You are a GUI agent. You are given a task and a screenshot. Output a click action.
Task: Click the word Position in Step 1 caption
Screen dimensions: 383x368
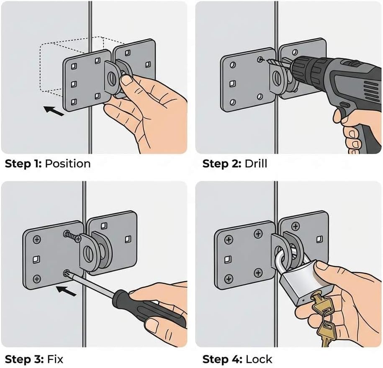click(67, 163)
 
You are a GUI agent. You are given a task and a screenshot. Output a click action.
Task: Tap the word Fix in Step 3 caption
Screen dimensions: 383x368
click(56, 360)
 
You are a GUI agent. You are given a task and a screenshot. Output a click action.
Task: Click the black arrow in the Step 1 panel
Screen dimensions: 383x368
click(53, 111)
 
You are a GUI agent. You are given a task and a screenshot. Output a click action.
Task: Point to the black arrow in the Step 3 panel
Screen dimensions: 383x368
click(67, 290)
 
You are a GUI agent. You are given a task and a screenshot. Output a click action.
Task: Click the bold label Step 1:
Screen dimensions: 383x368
click(23, 163)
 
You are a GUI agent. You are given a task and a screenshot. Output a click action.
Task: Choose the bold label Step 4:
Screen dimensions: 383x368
click(221, 360)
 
